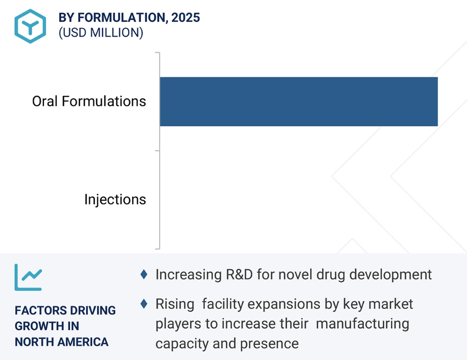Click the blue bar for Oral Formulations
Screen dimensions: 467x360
299,102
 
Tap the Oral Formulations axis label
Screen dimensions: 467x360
89,101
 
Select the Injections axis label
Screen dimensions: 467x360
115,199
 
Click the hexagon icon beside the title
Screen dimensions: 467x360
30,26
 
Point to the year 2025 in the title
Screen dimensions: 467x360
186,17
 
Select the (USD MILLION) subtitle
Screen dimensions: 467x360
101,33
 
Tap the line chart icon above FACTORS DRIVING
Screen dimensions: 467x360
28,277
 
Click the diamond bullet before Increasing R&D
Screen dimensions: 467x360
144,275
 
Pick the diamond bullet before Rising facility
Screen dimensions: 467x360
144,304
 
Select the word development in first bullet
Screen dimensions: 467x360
390,275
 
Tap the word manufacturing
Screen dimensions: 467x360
362,324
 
